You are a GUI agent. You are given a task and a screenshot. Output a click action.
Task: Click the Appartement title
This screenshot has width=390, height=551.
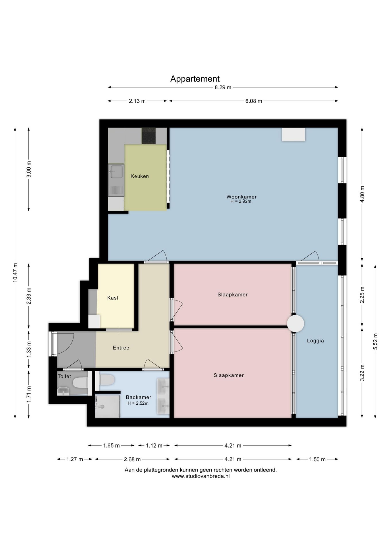tap(195, 79)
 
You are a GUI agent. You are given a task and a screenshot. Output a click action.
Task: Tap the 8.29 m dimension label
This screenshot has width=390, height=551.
tap(223, 87)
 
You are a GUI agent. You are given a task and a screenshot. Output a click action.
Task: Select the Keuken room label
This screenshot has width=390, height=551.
tap(140, 176)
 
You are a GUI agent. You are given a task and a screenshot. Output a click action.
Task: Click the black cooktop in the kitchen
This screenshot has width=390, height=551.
tap(148, 136)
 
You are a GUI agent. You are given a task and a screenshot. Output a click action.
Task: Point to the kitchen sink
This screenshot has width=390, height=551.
tap(116, 180)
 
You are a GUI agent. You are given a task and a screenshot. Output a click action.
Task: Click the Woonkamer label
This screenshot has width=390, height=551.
tap(242, 197)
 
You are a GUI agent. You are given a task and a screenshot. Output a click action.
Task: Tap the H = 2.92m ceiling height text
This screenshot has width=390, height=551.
tap(241, 201)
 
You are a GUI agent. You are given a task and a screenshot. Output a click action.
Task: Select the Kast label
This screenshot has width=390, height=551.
tap(113, 298)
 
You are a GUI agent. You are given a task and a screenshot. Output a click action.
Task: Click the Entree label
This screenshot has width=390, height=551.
tap(121, 348)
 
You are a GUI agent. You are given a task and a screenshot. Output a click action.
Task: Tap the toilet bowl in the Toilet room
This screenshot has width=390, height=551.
tap(80, 383)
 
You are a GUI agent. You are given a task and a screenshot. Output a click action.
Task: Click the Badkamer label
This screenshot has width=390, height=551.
tap(138, 397)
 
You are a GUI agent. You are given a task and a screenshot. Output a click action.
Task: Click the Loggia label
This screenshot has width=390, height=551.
tap(315, 341)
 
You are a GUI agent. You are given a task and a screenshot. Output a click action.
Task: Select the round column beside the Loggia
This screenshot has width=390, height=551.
tap(296, 323)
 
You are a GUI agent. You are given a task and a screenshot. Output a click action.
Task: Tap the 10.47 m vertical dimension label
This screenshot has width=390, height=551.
tap(15, 273)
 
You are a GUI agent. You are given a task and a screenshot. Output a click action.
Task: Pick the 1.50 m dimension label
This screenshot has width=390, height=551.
tap(317, 459)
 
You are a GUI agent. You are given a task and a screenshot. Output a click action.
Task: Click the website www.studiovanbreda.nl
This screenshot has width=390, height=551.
tap(201, 476)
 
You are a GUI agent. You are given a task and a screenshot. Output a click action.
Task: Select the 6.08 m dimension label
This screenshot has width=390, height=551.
tap(254, 101)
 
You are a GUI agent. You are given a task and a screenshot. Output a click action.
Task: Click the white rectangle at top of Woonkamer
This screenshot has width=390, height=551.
tap(294, 135)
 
